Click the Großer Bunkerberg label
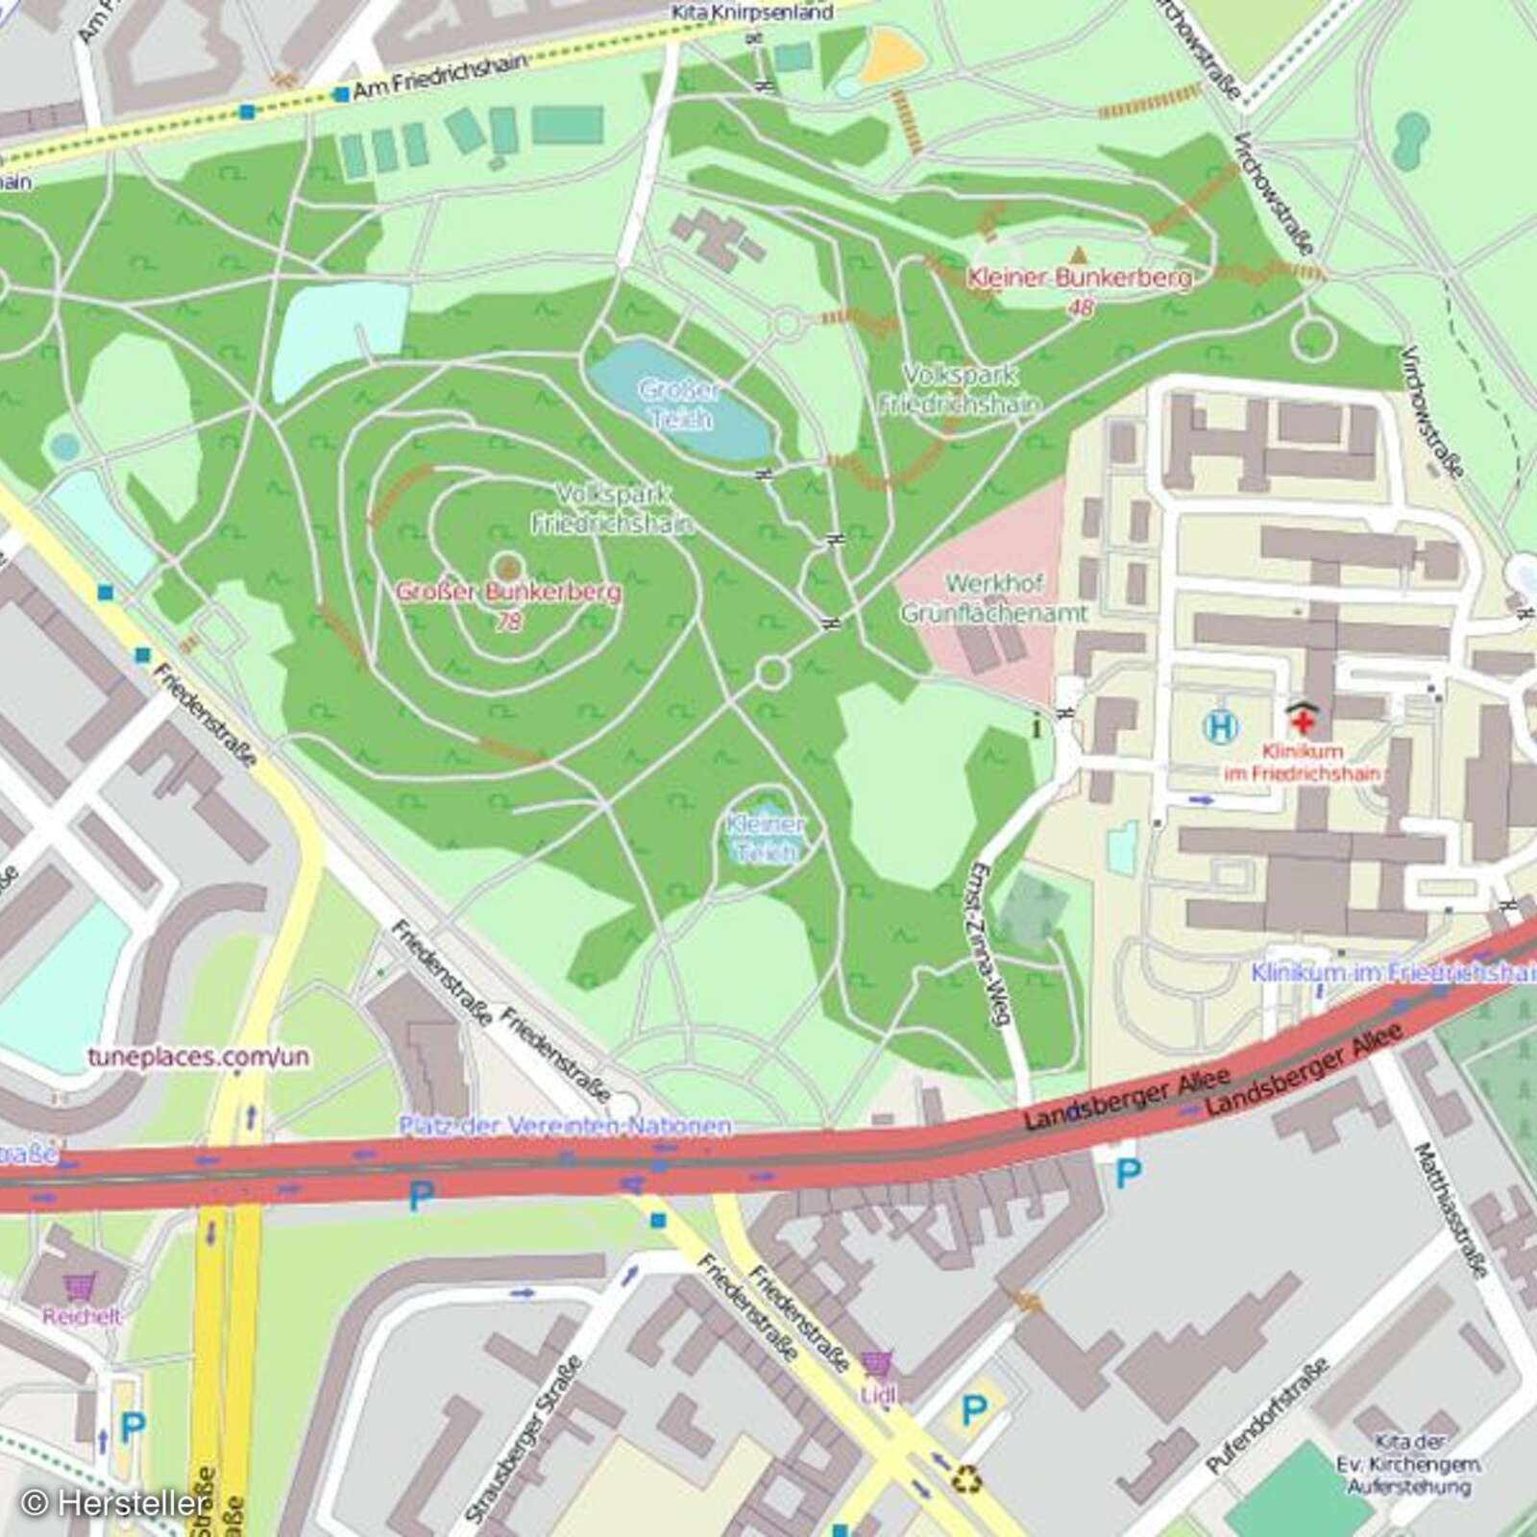tap(508, 592)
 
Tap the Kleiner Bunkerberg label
tap(1079, 279)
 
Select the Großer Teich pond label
tap(679, 404)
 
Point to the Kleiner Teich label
tap(766, 838)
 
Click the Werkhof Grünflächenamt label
tap(994, 598)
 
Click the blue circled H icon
tap(1220, 726)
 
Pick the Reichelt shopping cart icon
tap(80, 1284)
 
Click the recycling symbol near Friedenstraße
tap(965, 1478)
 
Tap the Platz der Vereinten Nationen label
tap(565, 1125)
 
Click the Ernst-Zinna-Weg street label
tap(989, 943)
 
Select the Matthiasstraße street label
tap(1451, 1210)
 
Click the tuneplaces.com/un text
tap(199, 1057)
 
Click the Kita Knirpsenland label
tap(751, 12)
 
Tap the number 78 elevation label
tap(509, 622)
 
